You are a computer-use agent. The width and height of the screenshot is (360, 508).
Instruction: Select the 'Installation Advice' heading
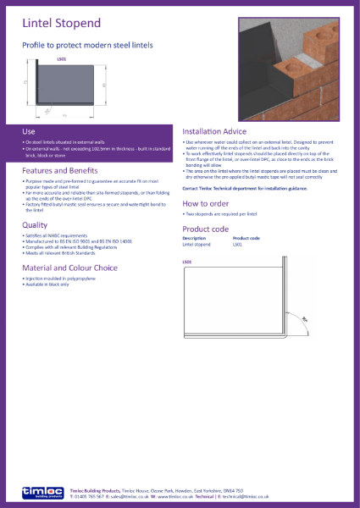(x=219, y=132)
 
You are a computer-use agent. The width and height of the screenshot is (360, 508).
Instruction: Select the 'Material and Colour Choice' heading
(x=70, y=268)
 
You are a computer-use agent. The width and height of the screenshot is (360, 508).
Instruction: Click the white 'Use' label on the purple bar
(x=28, y=131)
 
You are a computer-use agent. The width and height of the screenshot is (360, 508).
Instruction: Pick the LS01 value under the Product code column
(x=238, y=244)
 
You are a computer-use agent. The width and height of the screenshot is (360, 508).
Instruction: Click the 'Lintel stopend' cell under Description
(x=197, y=244)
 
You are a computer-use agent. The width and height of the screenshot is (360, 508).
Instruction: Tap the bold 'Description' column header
(x=194, y=238)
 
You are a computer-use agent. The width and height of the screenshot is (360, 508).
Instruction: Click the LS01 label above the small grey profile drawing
(x=60, y=60)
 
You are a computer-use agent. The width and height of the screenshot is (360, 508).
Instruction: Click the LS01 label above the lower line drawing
(x=187, y=263)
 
